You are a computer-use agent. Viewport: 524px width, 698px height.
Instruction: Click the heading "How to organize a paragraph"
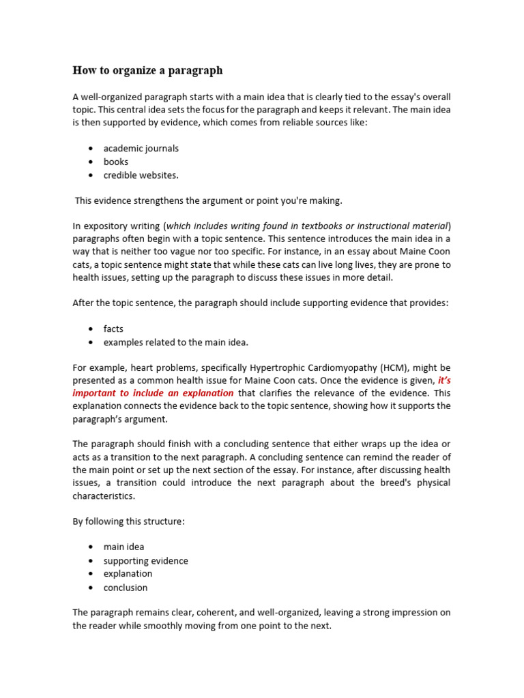(147, 70)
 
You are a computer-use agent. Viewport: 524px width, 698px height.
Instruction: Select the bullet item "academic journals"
(141, 148)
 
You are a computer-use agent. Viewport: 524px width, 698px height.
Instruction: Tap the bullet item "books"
(115, 162)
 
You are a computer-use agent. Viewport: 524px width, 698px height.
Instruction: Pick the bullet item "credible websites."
(141, 175)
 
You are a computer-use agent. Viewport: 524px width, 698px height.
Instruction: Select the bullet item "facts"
(113, 329)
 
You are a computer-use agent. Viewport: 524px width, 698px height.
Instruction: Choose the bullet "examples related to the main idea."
(175, 342)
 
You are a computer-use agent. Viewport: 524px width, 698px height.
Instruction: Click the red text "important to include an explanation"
(153, 393)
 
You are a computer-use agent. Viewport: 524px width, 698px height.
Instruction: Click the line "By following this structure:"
(128, 521)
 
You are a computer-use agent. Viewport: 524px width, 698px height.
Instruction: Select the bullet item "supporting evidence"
(145, 560)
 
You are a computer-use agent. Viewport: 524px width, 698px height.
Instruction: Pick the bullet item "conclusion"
(125, 588)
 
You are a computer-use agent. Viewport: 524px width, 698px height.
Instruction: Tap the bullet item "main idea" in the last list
(123, 547)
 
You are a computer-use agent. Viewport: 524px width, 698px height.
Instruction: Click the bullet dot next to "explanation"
(91, 574)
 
